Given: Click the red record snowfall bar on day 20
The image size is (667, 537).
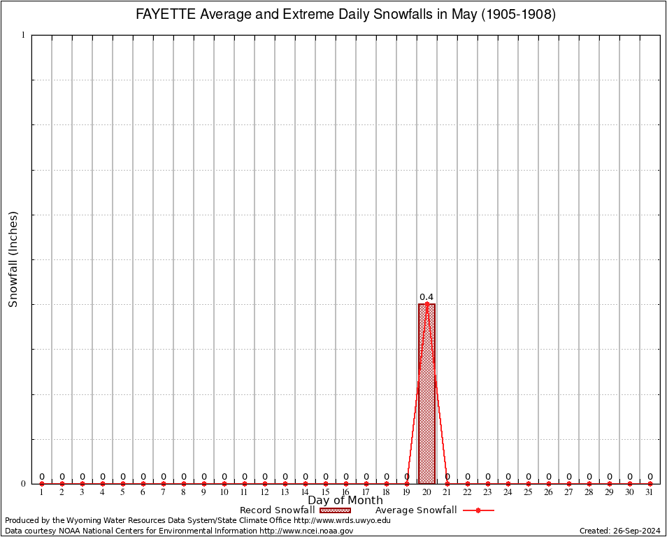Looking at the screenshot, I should [426, 394].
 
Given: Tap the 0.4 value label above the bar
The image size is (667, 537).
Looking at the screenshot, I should [426, 297].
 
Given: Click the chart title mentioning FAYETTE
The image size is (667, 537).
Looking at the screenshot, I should [345, 15].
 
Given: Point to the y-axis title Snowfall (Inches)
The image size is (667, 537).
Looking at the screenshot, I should [13, 259].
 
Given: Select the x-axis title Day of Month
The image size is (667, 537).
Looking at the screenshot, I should [345, 500].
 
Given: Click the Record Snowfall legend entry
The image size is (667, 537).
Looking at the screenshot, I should [277, 510].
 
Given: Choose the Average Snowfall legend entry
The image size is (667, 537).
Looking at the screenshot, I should [416, 510].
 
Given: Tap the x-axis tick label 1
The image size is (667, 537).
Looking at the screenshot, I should [42, 492].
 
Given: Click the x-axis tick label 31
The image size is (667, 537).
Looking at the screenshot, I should [650, 492].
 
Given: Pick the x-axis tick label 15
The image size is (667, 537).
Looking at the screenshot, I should [326, 492].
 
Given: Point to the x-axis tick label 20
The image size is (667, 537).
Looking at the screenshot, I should [426, 492].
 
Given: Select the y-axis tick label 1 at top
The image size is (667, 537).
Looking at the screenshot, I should [23, 35].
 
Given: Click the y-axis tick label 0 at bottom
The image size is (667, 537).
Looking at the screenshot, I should [23, 483].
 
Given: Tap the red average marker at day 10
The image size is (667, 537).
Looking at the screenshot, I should [224, 483].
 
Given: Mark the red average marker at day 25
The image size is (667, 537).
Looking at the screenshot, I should [529, 483].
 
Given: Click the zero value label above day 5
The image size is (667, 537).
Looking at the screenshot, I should [123, 477].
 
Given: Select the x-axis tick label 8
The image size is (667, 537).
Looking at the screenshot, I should [184, 492].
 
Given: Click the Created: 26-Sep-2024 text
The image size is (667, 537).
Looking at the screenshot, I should [620, 531].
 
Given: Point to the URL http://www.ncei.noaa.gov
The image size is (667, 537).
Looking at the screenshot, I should [306, 531].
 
